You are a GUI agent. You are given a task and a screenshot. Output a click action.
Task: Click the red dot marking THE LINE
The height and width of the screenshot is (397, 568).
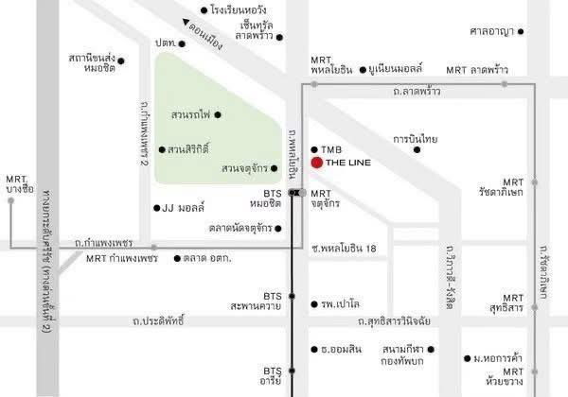coord(315,163)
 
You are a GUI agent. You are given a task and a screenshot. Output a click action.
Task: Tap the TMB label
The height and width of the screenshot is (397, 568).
coord(330,149)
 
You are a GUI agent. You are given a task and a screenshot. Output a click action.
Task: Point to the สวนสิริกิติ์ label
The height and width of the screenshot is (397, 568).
coord(190,149)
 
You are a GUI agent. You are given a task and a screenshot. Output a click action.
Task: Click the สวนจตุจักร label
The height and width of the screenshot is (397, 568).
coord(243,169)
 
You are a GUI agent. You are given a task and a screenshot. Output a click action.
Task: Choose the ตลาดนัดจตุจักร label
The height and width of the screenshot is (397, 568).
coord(240,228)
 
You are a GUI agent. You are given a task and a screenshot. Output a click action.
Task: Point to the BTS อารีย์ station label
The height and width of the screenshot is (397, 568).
coord(273,377)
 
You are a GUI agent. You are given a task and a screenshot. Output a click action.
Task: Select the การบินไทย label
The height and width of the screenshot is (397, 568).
coord(416,140)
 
